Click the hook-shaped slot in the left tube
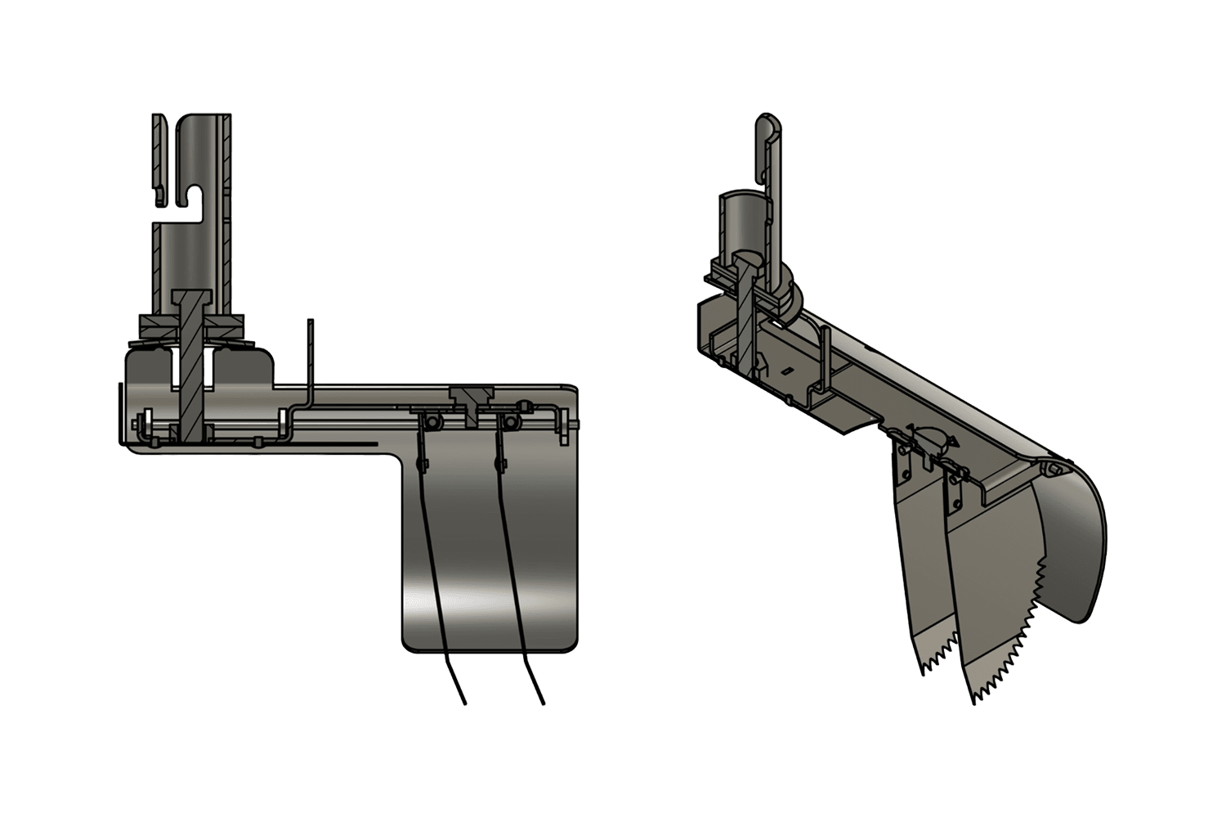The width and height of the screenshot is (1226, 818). pos(194,196)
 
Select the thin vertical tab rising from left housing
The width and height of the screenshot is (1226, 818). pos(310,352)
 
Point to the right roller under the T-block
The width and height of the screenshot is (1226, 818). pos(511,421)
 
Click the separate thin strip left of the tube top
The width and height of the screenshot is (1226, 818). pos(158,155)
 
